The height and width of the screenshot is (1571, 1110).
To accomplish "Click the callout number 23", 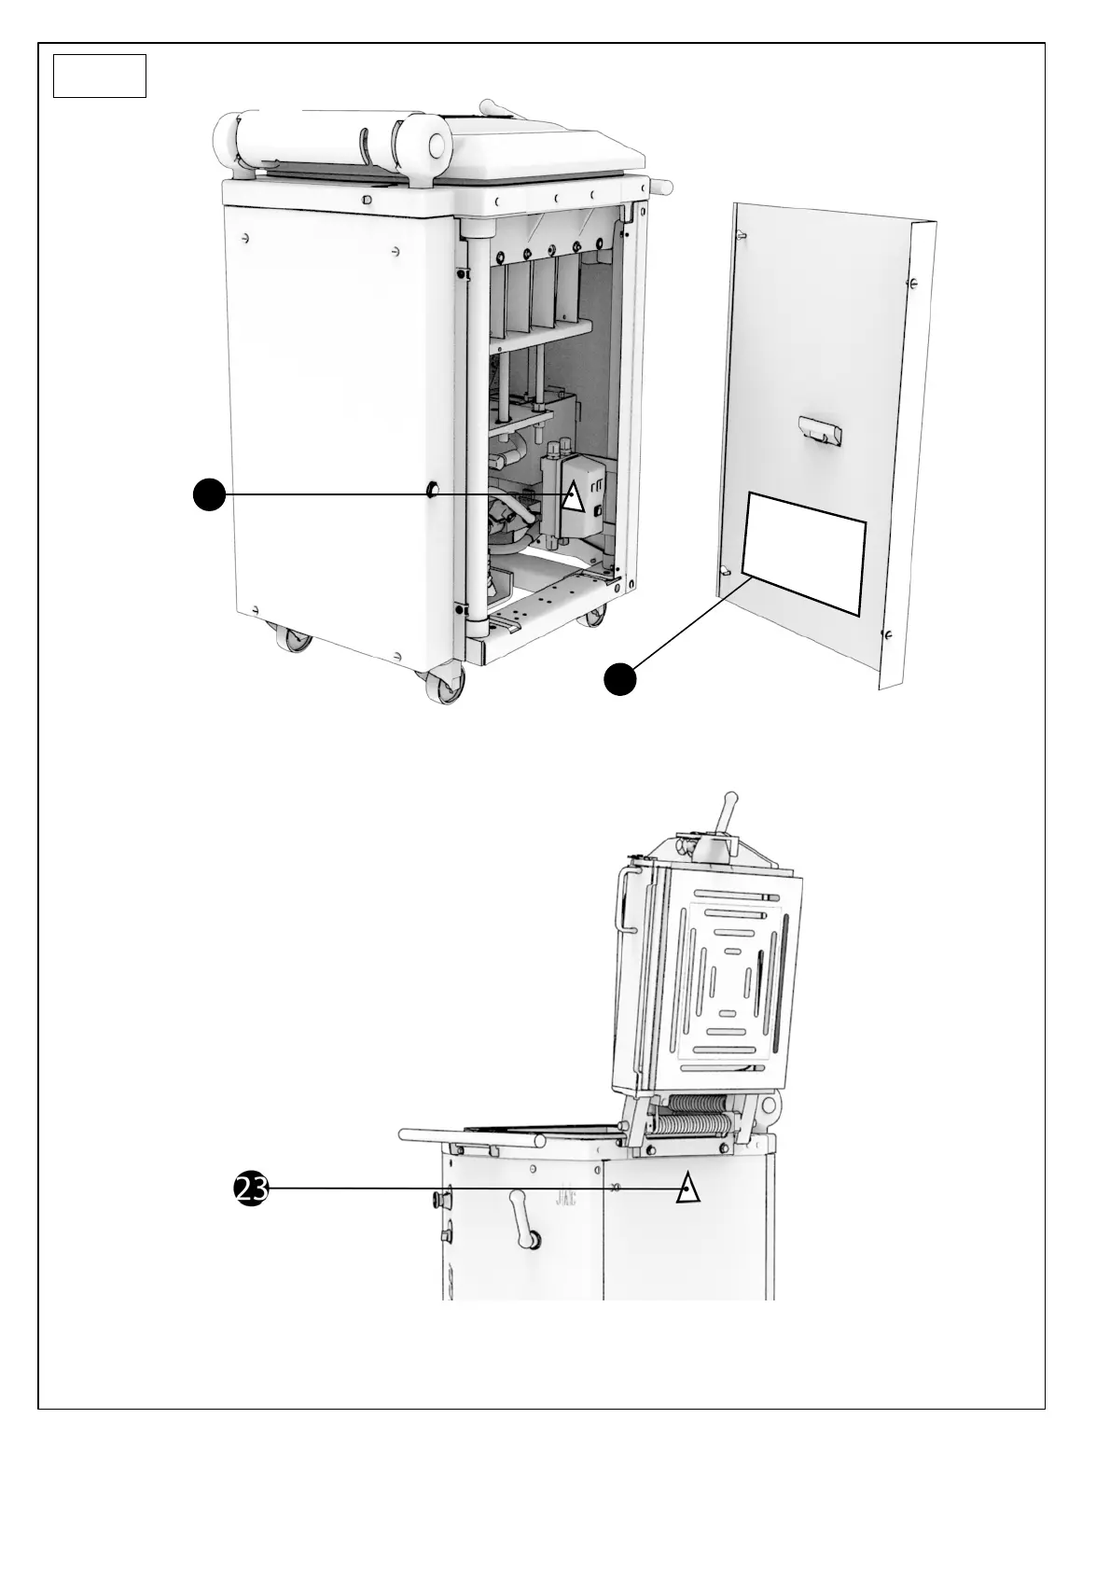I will [x=251, y=1189].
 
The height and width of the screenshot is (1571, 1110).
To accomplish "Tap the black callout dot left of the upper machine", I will [x=209, y=494].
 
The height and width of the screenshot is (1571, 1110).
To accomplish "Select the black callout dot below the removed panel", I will [x=619, y=679].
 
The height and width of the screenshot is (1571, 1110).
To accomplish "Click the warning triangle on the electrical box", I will [x=573, y=499].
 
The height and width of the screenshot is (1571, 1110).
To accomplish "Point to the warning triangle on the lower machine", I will [x=687, y=1188].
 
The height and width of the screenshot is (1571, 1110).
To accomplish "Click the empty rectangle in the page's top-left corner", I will [x=100, y=76].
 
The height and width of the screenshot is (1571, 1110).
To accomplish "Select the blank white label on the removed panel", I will [x=804, y=554].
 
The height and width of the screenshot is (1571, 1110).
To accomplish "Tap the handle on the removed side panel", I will [x=820, y=432].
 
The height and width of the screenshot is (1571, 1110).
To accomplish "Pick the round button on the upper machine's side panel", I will [x=433, y=489].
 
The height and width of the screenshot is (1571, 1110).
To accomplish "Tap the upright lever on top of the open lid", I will [x=724, y=816].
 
